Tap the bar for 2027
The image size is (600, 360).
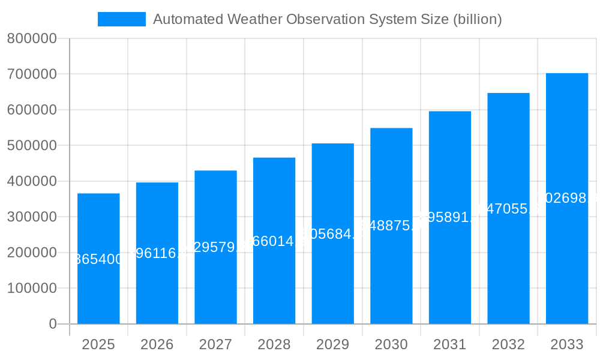[215, 282]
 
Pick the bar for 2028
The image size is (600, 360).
[274, 282]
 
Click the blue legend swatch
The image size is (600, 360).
[122, 19]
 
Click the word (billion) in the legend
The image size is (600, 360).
[477, 19]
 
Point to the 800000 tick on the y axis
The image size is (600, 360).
[32, 39]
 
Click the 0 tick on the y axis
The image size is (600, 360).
[52, 324]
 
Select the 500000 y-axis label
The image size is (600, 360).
[32, 146]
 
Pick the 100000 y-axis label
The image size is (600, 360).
[32, 289]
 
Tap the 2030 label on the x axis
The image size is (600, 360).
[391, 344]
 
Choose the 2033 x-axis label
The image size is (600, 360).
[567, 344]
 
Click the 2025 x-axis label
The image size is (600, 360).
[98, 344]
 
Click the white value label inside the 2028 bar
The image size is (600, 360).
[274, 241]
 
